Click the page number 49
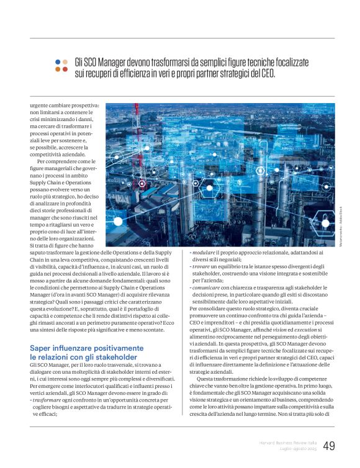point(329,446)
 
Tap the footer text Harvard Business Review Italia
point(287,442)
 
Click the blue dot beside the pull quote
point(58,62)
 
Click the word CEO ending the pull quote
point(300,73)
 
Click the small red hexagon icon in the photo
point(142,184)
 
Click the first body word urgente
point(40,107)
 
